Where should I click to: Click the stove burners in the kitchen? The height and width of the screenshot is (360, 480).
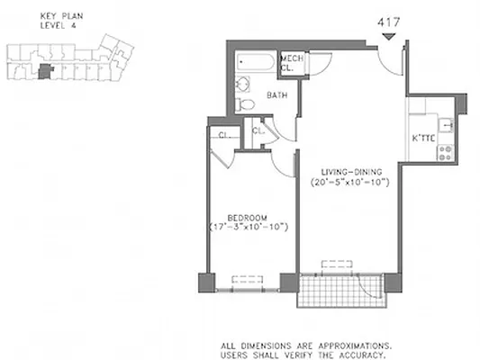tap(443, 151)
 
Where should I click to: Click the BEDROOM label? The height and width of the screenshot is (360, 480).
tap(245, 217)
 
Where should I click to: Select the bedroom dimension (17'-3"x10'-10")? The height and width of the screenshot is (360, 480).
tap(245, 228)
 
